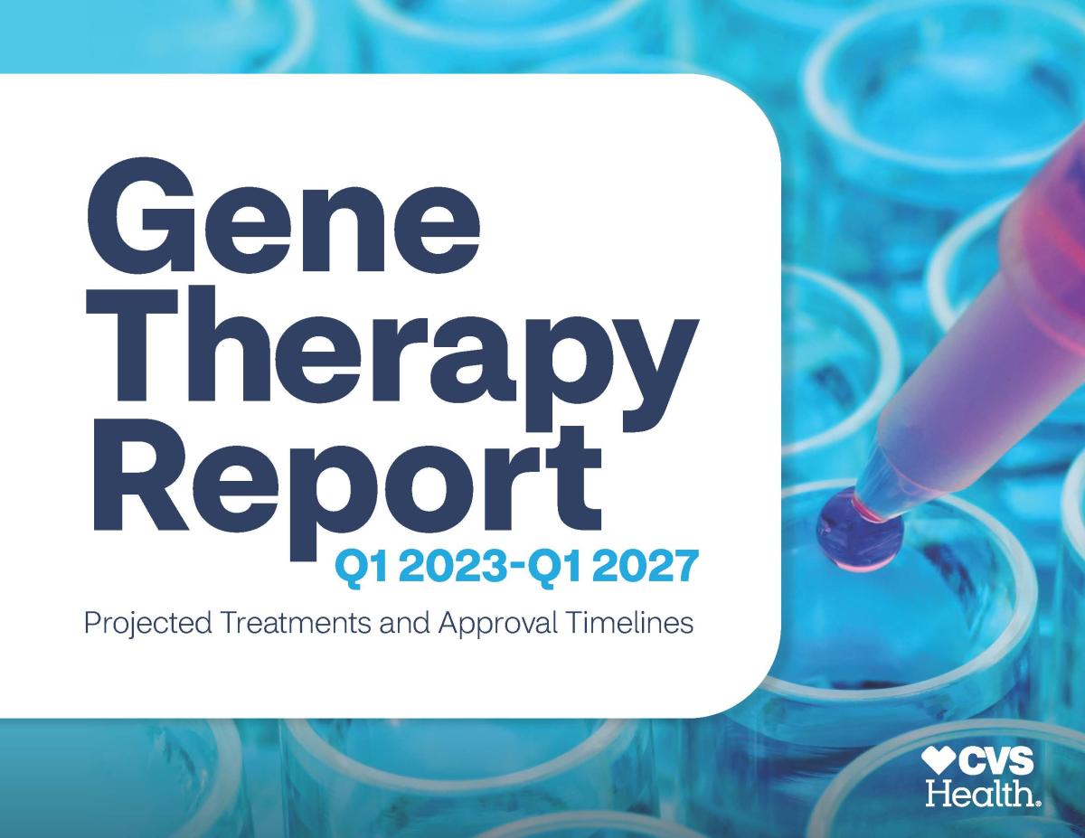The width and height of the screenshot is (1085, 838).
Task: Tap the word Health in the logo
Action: tap(980, 794)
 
